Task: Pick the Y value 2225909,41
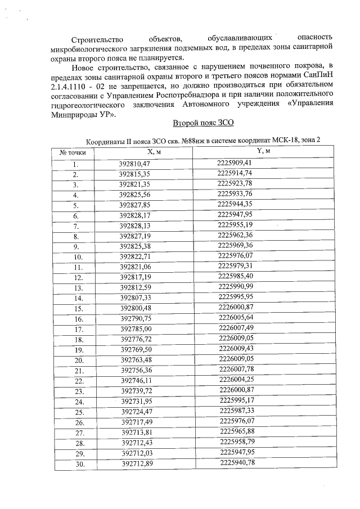pyautogui.click(x=237, y=163)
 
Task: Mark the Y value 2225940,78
pyautogui.click(x=238, y=462)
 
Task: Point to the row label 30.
pyautogui.click(x=79, y=463)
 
